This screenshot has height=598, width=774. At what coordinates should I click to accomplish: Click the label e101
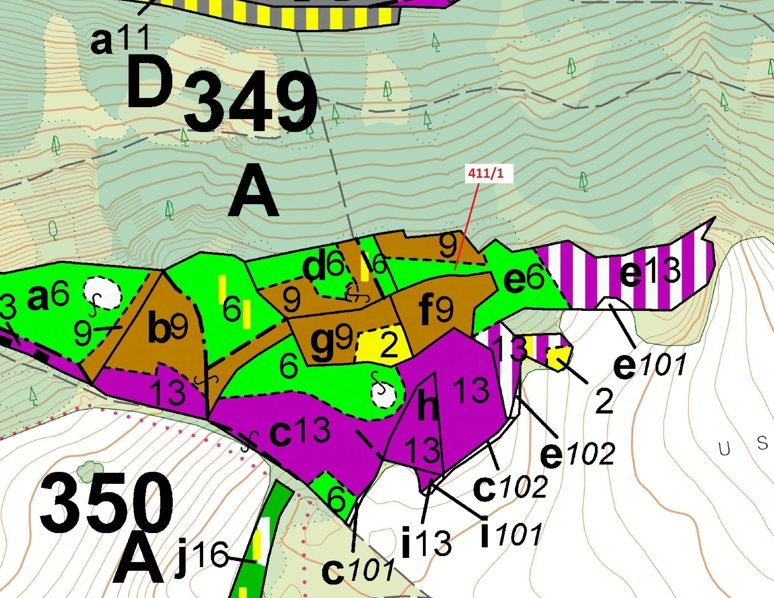pyautogui.click(x=649, y=365)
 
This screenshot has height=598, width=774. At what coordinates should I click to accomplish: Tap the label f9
pyautogui.click(x=436, y=310)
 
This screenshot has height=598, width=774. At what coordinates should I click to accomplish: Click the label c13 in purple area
pyautogui.click(x=299, y=431)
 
